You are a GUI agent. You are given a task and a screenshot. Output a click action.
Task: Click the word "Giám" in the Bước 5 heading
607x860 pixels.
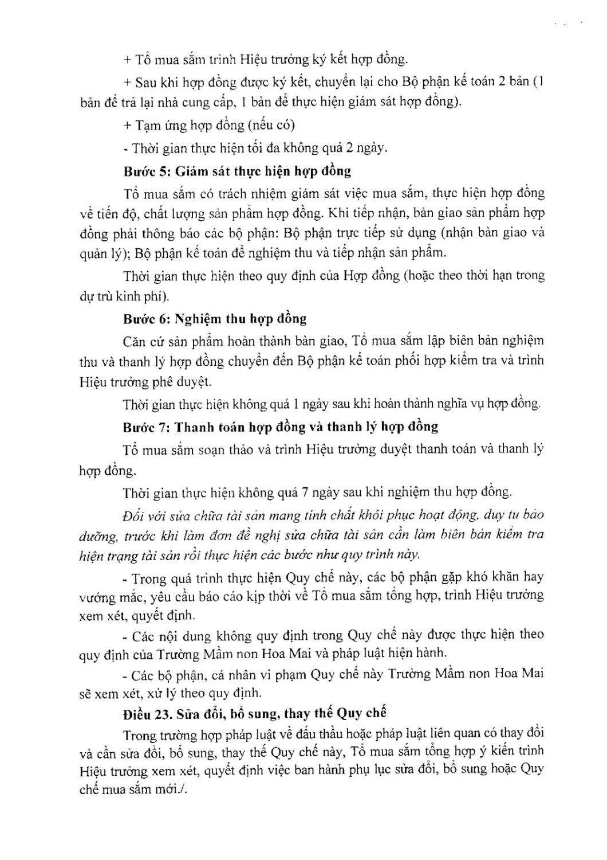point(193,171)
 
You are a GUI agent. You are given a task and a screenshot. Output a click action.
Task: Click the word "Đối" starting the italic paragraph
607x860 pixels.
point(133,514)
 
